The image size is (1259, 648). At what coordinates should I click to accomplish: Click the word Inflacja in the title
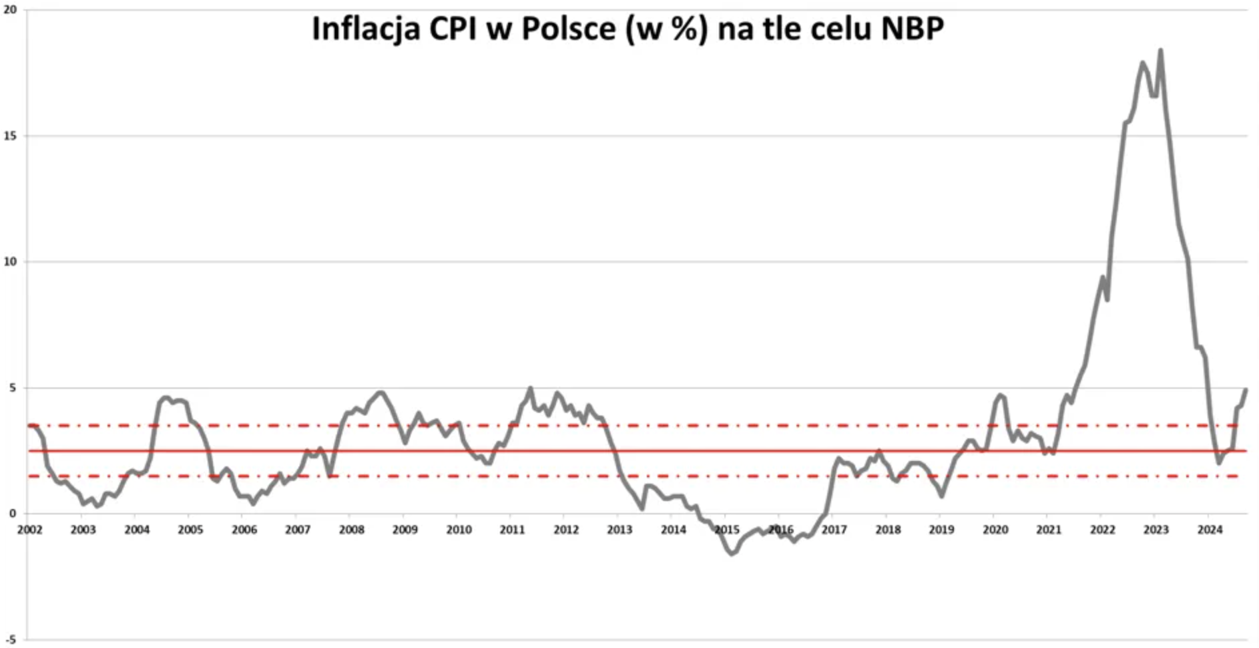click(366, 29)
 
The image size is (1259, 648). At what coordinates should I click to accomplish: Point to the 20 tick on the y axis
click(10, 11)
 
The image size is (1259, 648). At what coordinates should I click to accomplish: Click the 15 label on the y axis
click(10, 136)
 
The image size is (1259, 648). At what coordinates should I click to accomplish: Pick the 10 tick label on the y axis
click(10, 262)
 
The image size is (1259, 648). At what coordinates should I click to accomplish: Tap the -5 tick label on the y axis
click(10, 640)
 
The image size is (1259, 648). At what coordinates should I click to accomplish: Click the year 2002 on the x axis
click(29, 530)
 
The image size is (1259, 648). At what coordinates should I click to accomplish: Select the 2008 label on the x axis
click(351, 530)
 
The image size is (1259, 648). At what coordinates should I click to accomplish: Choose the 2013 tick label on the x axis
click(619, 530)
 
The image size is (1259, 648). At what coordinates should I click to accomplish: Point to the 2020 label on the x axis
click(995, 530)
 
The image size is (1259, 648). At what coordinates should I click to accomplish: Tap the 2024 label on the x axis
click(1210, 530)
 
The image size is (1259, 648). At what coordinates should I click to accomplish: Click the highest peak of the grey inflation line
click(1161, 50)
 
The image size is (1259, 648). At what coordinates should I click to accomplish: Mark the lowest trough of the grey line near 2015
click(732, 554)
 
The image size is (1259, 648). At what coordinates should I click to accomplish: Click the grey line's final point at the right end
click(1246, 389)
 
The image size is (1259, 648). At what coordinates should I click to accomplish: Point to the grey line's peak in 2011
click(531, 387)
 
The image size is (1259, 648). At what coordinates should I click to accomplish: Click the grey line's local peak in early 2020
click(1000, 395)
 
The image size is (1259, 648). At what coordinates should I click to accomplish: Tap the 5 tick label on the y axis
click(12, 388)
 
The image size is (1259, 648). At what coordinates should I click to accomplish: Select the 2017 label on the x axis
click(834, 530)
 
